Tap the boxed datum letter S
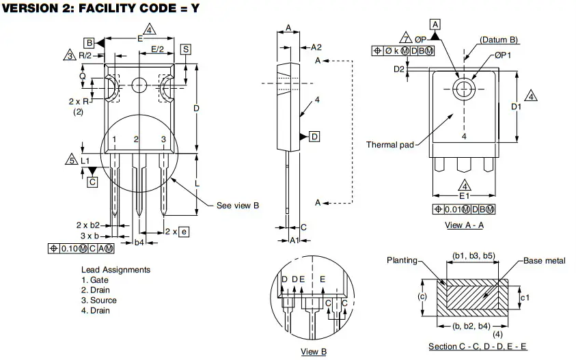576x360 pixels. coord(186,49)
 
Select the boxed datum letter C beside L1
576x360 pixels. coord(92,182)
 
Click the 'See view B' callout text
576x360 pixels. coord(237,205)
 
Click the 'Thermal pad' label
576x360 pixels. coord(389,145)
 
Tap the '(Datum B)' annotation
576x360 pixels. coord(499,40)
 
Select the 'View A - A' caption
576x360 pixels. coord(464,225)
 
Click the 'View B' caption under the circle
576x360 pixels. coord(314,351)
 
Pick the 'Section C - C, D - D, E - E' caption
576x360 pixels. coord(478,347)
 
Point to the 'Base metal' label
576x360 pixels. coord(545,261)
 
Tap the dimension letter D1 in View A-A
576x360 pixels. coord(516,107)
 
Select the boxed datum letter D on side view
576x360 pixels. coord(314,137)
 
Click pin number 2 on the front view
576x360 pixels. coord(137,139)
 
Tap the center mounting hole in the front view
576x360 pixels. coord(139,85)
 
